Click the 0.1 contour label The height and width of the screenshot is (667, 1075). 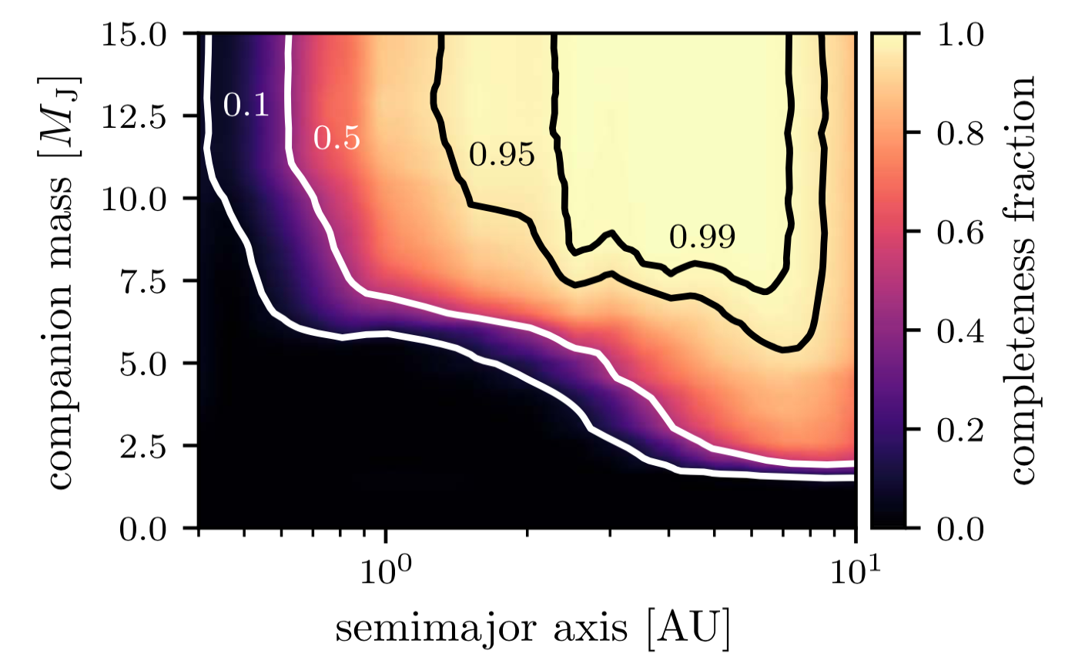[246, 106]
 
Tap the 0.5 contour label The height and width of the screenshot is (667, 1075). [337, 139]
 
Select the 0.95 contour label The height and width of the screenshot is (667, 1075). [501, 156]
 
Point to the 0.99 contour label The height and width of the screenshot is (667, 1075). [702, 237]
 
